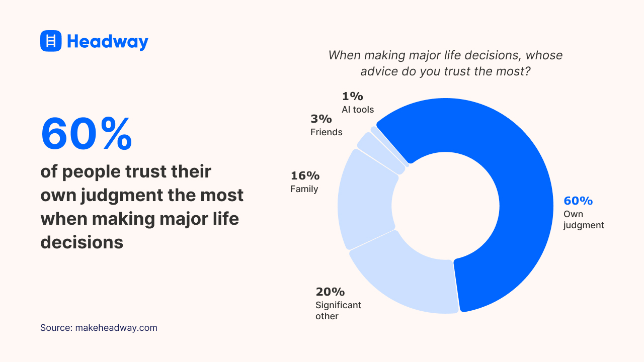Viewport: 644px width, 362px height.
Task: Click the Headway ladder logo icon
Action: tap(51, 41)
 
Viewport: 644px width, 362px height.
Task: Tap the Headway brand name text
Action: tap(108, 41)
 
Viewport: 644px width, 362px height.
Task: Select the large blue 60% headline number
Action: tap(87, 134)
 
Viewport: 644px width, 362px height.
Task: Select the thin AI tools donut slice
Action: tap(389, 146)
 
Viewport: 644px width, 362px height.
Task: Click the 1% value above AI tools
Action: tap(352, 97)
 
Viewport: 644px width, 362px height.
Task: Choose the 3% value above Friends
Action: tap(321, 119)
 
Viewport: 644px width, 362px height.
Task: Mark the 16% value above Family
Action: tap(305, 176)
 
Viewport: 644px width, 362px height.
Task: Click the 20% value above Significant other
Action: tap(330, 292)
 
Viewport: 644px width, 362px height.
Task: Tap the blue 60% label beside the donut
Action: tap(578, 201)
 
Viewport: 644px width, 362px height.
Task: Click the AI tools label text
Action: tap(358, 110)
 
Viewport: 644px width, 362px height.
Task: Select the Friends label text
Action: tap(326, 132)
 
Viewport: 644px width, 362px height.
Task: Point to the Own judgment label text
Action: tap(584, 220)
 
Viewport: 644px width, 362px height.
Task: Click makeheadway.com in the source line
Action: tap(116, 328)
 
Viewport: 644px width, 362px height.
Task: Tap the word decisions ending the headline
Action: tap(82, 242)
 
